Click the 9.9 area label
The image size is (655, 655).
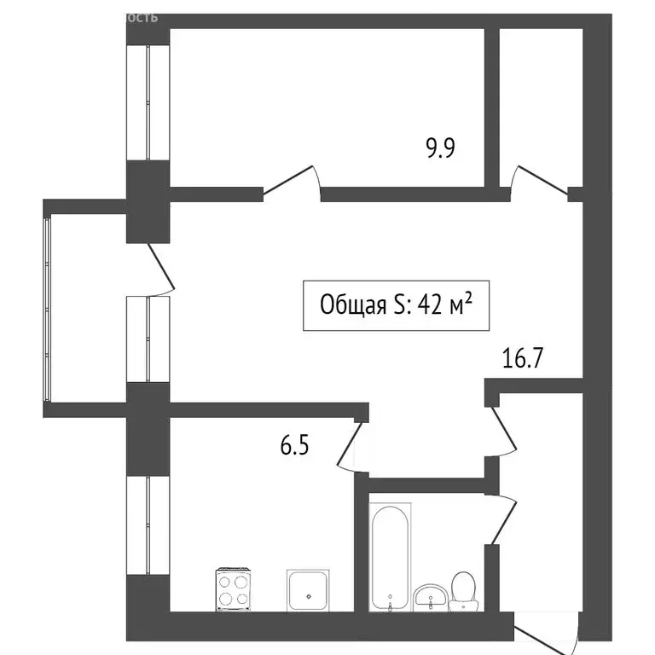[440, 149]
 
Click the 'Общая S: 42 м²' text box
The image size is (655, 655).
[396, 304]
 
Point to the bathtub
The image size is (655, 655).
[390, 556]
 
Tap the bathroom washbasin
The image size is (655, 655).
[428, 596]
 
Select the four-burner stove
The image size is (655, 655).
[234, 588]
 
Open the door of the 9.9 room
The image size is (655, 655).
[292, 181]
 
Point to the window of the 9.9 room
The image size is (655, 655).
[148, 101]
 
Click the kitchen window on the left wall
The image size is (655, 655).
[148, 525]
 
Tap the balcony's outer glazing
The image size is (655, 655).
[48, 308]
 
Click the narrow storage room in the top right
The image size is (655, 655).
[540, 102]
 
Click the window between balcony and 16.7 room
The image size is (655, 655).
[148, 339]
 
